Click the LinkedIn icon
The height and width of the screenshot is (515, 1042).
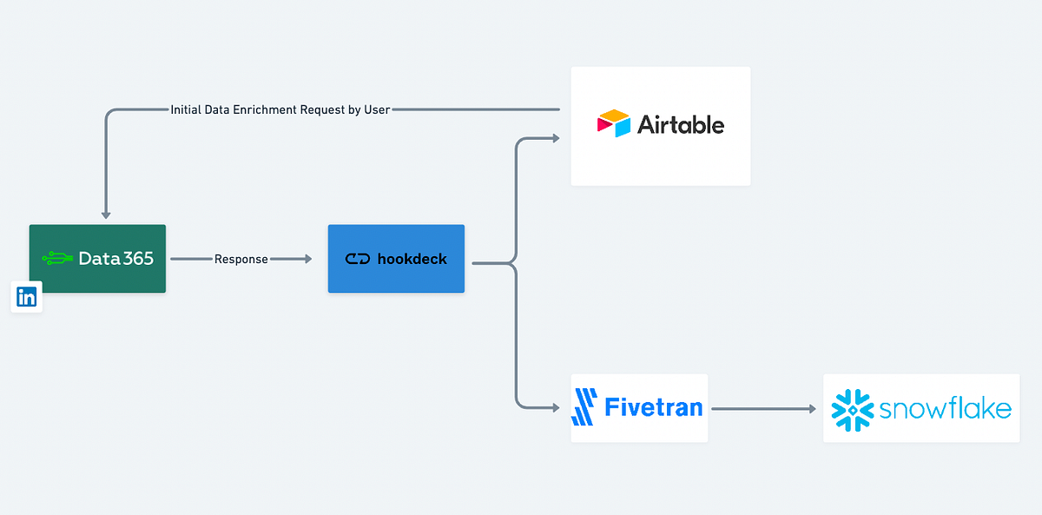click(x=26, y=297)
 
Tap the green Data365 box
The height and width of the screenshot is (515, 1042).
click(x=97, y=259)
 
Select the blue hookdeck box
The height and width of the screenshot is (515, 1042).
click(x=396, y=259)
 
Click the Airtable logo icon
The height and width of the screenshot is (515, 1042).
click(x=613, y=124)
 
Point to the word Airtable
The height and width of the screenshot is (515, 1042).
click(x=681, y=125)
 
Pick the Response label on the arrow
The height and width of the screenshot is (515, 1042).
click(x=241, y=259)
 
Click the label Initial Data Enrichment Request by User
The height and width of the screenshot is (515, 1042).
click(x=280, y=109)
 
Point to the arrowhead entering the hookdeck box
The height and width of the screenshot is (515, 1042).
click(x=307, y=259)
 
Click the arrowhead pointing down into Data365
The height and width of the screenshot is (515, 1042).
click(x=106, y=214)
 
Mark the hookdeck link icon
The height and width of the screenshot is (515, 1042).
click(x=358, y=259)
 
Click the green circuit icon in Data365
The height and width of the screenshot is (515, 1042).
click(x=57, y=258)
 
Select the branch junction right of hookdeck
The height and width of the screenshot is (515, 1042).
click(x=516, y=262)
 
